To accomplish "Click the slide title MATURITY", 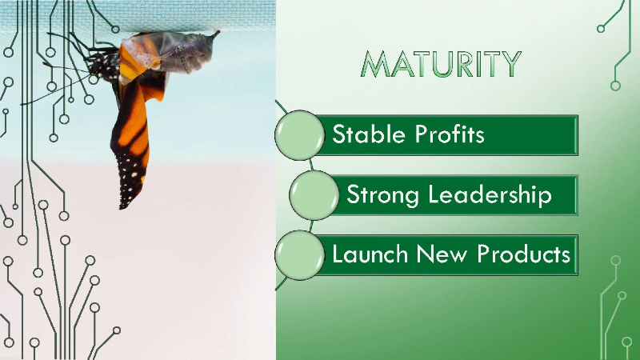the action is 442,64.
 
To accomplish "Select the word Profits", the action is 450,134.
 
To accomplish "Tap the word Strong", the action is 382,194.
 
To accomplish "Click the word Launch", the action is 370,254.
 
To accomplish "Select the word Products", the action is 523,254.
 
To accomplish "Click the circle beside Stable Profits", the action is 299,135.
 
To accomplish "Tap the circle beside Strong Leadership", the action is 314,195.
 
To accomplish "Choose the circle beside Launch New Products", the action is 299,255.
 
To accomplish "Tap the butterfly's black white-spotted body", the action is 104,66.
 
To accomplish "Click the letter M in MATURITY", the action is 378,64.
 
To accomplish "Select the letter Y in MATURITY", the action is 510,64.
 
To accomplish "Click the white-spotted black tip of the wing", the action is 130,184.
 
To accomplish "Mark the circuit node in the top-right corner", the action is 601,29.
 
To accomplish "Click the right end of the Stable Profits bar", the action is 578,135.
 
